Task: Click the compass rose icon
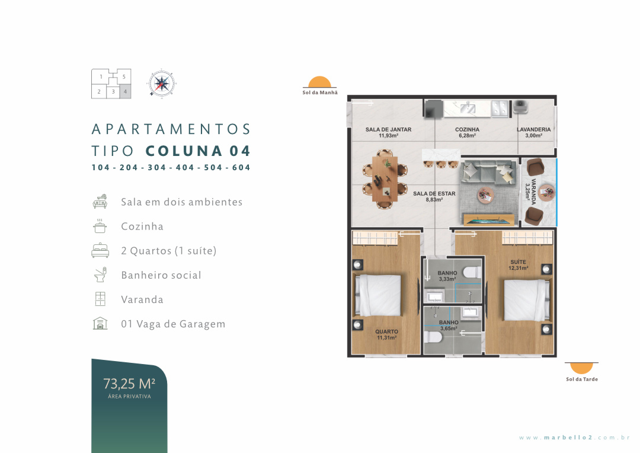162,84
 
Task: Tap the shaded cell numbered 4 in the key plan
125,91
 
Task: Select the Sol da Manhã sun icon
319,82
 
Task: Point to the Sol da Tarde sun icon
581,368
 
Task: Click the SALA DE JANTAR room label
388,132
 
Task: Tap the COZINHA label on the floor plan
468,132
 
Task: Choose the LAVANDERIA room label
533,132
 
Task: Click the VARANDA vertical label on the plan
530,191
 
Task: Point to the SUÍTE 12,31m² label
519,264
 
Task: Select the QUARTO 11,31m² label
386,334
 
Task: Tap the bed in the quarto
377,295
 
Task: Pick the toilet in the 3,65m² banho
433,338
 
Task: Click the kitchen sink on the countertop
468,109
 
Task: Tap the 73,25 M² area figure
129,384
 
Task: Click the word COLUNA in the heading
184,151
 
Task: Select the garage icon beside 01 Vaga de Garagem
100,324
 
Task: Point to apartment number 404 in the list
185,167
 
